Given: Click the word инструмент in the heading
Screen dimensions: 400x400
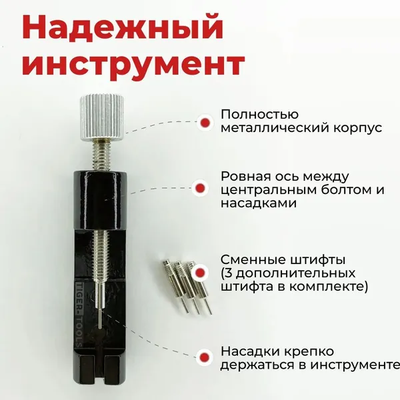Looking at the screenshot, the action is (x=133, y=63).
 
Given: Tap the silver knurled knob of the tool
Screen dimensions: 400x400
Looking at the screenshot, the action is (x=102, y=117).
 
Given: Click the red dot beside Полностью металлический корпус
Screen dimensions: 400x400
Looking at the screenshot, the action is (x=205, y=123).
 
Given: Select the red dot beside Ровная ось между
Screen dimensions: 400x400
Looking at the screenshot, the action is (x=200, y=188).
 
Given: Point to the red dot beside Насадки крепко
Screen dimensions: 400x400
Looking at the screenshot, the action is (x=205, y=357).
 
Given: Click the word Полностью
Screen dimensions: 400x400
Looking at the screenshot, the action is (x=259, y=115).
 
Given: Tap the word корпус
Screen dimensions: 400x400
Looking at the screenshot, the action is (x=357, y=128).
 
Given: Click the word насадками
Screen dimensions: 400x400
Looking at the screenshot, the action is (x=259, y=203).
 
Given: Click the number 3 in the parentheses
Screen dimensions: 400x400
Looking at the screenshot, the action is (x=229, y=273).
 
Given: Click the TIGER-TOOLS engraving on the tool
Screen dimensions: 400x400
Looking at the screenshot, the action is (x=79, y=314).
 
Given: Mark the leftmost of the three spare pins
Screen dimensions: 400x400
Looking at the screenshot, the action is (x=175, y=285).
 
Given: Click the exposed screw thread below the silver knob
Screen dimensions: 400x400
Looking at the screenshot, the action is (x=102, y=155).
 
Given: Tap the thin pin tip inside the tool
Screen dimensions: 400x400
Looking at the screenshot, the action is (x=100, y=318).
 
